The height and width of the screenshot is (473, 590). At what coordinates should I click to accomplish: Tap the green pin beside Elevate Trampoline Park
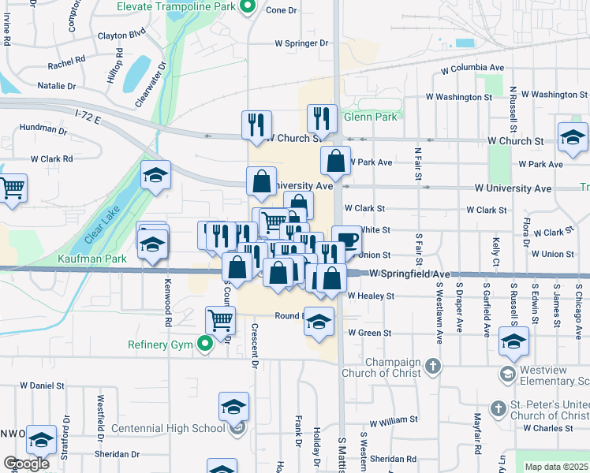click(247, 8)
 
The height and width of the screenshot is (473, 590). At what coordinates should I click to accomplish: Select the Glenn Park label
click(372, 117)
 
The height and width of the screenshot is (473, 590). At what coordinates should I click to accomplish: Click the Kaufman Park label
click(91, 259)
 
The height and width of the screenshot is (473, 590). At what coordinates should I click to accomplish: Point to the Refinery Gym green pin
click(205, 344)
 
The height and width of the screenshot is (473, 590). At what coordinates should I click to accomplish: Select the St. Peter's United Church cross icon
click(497, 408)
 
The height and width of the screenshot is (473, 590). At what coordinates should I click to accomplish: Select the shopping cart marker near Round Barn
click(220, 320)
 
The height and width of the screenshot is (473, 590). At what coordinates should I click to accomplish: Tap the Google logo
click(26, 464)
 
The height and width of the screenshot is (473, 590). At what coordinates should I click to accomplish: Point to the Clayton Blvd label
click(122, 35)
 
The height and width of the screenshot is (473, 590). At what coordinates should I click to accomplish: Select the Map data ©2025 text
click(556, 467)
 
